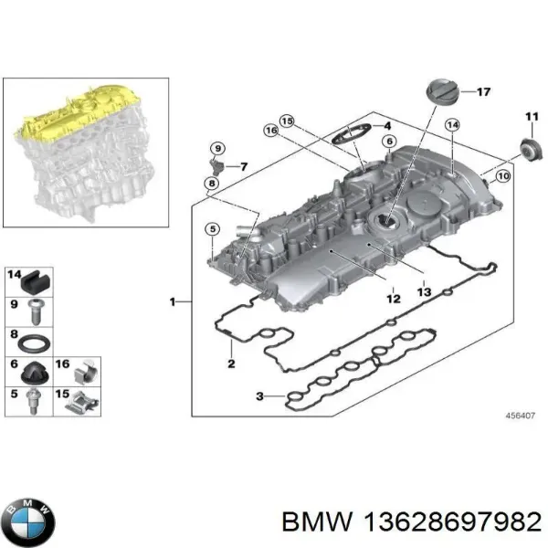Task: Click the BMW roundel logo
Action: [x=28, y=522]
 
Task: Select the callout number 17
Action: [x=483, y=92]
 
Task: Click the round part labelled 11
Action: [x=528, y=146]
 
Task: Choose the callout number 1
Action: [x=174, y=301]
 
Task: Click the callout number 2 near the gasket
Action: [x=231, y=364]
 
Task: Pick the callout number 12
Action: [x=392, y=298]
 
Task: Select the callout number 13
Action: [x=423, y=291]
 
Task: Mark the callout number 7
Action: [x=243, y=166]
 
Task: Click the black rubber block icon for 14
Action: [x=37, y=278]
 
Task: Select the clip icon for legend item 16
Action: [x=86, y=370]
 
